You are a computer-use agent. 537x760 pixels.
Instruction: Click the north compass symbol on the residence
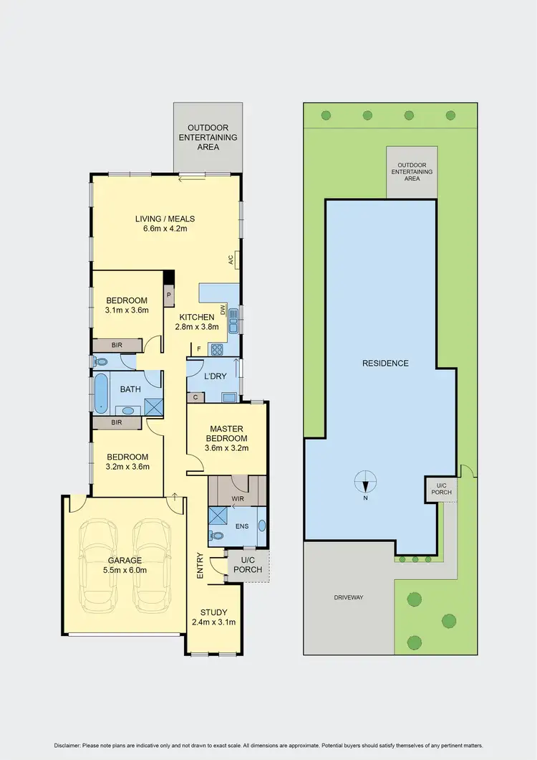click(x=366, y=481)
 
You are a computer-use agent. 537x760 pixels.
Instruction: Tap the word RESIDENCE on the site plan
click(x=385, y=364)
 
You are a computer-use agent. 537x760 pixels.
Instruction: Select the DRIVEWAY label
click(x=348, y=597)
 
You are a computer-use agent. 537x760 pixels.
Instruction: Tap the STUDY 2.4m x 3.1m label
click(x=213, y=617)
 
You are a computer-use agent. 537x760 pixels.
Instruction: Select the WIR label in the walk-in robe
click(x=237, y=497)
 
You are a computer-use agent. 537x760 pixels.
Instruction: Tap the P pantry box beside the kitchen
click(x=170, y=294)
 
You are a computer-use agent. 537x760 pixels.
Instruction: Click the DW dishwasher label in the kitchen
click(x=223, y=310)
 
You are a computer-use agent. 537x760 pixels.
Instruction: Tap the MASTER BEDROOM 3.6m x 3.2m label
click(x=228, y=439)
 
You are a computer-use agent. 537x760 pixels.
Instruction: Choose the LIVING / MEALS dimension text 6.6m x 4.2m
click(x=165, y=230)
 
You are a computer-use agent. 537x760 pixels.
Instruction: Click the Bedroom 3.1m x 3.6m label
click(x=127, y=305)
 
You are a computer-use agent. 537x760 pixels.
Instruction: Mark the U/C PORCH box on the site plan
click(x=437, y=491)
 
